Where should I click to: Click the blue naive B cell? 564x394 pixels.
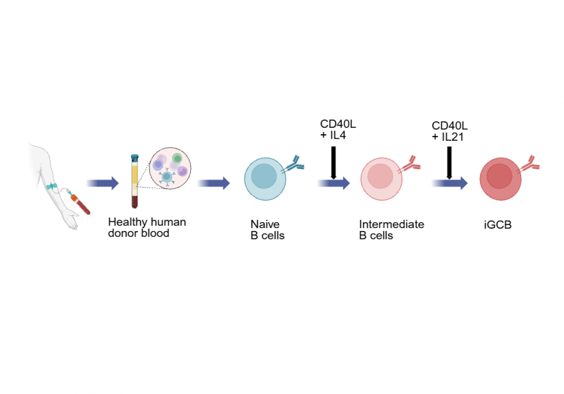[265, 179]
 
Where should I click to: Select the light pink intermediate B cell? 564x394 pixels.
[381, 179]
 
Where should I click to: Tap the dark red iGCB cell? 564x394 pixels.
[500, 179]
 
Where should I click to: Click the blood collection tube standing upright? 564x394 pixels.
[135, 181]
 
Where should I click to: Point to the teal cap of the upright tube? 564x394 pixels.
[135, 157]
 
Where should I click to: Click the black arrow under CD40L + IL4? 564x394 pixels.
[333, 162]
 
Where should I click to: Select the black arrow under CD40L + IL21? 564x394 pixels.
[449, 162]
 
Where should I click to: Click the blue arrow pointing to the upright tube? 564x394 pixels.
[102, 183]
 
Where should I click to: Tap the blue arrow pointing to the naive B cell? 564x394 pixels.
[214, 183]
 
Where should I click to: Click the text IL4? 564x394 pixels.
[338, 135]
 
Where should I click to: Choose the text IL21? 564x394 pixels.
[453, 137]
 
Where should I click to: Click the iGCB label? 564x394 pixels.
[497, 225]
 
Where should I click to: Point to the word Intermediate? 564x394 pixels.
[392, 224]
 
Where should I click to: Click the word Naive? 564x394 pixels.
[265, 224]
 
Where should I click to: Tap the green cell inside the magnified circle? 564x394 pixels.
[177, 158]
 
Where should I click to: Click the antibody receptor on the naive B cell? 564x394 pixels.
[293, 164]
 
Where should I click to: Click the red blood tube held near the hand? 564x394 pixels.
[81, 204]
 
